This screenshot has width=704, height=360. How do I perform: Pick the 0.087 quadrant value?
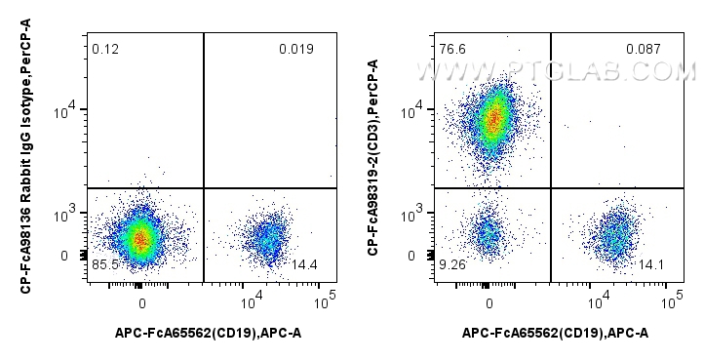(x=644, y=49)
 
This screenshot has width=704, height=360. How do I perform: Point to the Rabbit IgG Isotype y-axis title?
(x=24, y=161)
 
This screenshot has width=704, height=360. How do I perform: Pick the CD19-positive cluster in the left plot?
(x=266, y=237)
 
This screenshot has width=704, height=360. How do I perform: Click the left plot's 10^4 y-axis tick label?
(x=64, y=113)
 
